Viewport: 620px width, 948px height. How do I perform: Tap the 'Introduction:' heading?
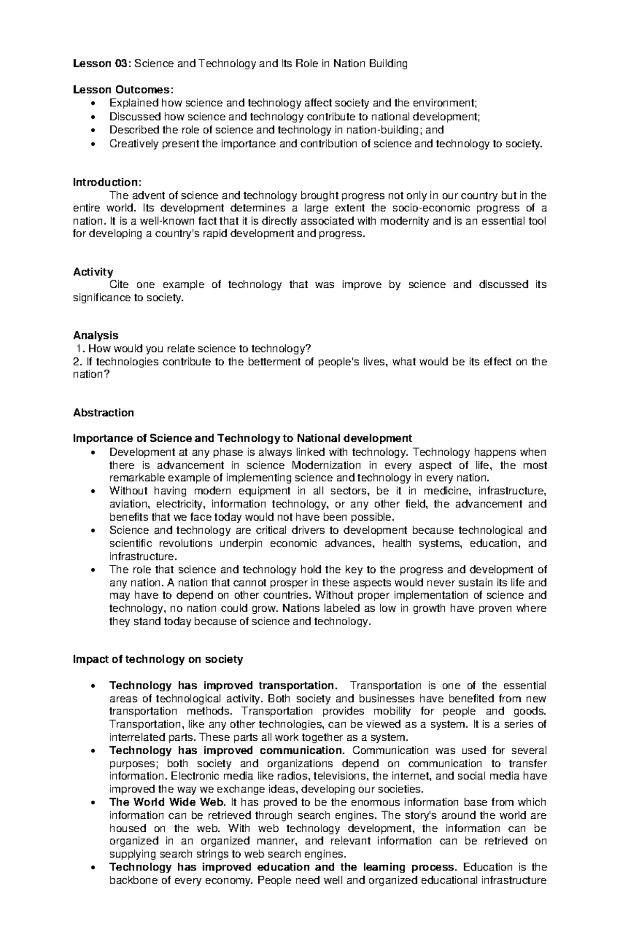click(106, 182)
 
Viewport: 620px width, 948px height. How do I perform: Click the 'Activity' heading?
click(93, 272)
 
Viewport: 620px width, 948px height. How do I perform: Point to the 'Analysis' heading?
click(96, 335)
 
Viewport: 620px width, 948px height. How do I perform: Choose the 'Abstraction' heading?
click(103, 412)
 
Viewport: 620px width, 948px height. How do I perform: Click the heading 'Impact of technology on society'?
click(158, 659)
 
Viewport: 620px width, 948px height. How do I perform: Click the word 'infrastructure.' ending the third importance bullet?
click(143, 556)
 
